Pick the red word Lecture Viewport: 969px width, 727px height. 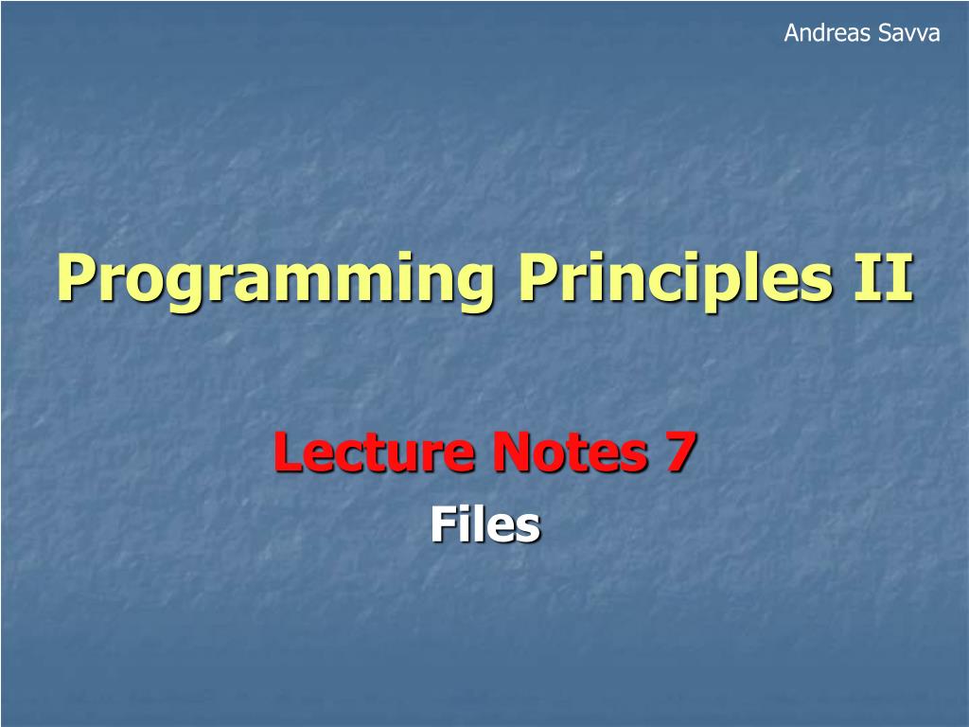[374, 452]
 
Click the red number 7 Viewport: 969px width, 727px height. [680, 452]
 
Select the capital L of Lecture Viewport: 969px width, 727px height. [289, 452]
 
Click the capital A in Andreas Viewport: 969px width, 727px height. [793, 33]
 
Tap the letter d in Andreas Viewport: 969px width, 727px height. [825, 33]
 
